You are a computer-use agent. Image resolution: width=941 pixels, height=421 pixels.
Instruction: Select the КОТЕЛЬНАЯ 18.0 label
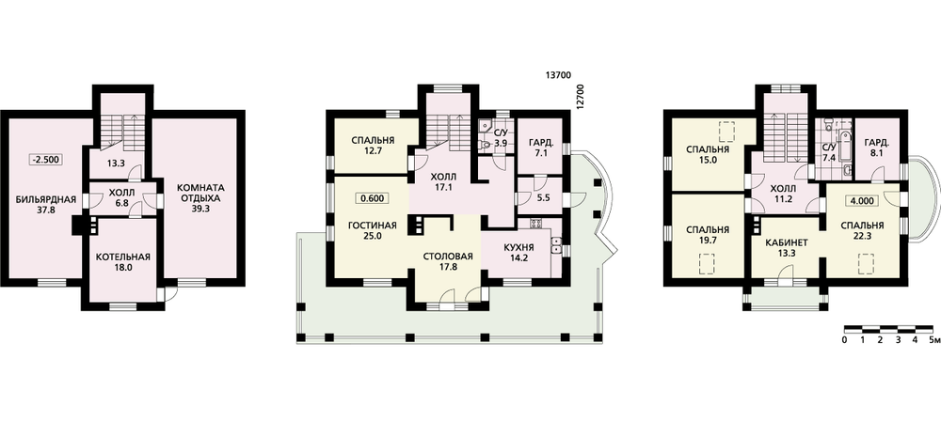point(122,262)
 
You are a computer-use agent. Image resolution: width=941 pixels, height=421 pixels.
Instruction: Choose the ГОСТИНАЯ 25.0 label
point(372,230)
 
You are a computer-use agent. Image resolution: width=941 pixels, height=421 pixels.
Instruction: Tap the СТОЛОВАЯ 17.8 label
point(448,261)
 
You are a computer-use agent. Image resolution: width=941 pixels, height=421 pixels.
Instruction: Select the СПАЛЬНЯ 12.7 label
point(372,145)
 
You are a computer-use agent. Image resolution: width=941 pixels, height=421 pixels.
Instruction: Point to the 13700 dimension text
point(558,75)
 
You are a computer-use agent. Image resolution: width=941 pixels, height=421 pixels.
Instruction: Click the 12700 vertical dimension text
point(579,96)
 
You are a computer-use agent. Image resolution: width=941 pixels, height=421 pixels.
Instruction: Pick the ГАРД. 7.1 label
point(539,148)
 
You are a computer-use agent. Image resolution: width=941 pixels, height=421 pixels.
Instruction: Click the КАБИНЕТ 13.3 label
point(787,248)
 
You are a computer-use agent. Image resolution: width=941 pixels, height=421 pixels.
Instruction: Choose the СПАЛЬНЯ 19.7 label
point(709,235)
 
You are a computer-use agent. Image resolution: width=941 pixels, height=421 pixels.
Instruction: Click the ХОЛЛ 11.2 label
point(781,196)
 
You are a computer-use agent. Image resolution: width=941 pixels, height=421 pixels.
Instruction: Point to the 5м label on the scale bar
point(933,340)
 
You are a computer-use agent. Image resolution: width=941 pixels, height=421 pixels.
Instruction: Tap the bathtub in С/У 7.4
point(842,144)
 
